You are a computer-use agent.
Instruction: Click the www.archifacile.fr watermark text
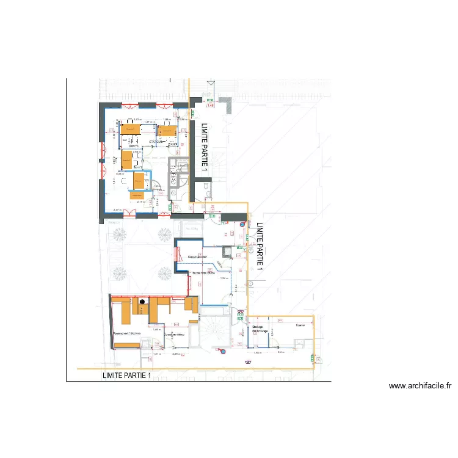(x=420, y=386)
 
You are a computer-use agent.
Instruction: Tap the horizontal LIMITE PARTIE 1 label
(x=126, y=376)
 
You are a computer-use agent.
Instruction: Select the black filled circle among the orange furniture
(x=142, y=301)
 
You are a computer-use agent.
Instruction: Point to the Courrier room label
(x=299, y=325)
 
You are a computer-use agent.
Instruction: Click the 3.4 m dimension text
(x=280, y=352)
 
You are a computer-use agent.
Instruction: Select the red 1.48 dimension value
(x=211, y=106)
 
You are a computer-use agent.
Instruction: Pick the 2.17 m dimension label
(x=140, y=202)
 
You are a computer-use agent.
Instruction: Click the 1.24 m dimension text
(x=224, y=278)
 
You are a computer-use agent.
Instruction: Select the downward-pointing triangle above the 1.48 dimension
(x=211, y=82)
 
